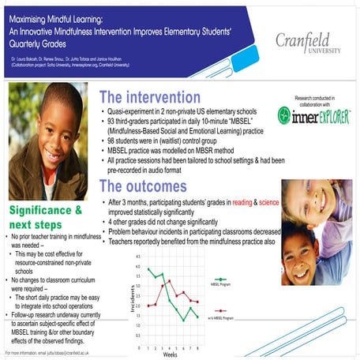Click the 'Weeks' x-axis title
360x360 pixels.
point(171,354)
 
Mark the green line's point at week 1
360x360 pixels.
point(148,269)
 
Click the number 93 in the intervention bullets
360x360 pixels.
point(115,123)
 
